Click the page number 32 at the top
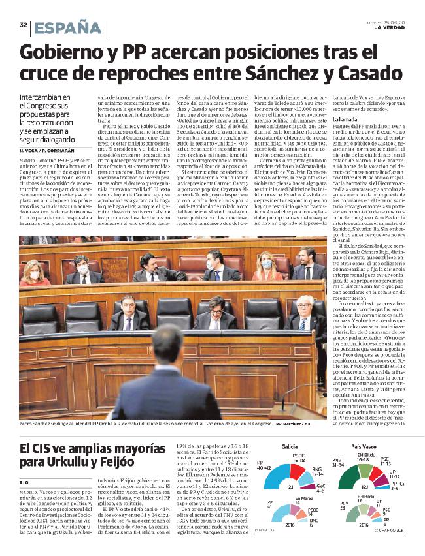coord(23,25)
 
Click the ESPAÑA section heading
coord(68,27)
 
